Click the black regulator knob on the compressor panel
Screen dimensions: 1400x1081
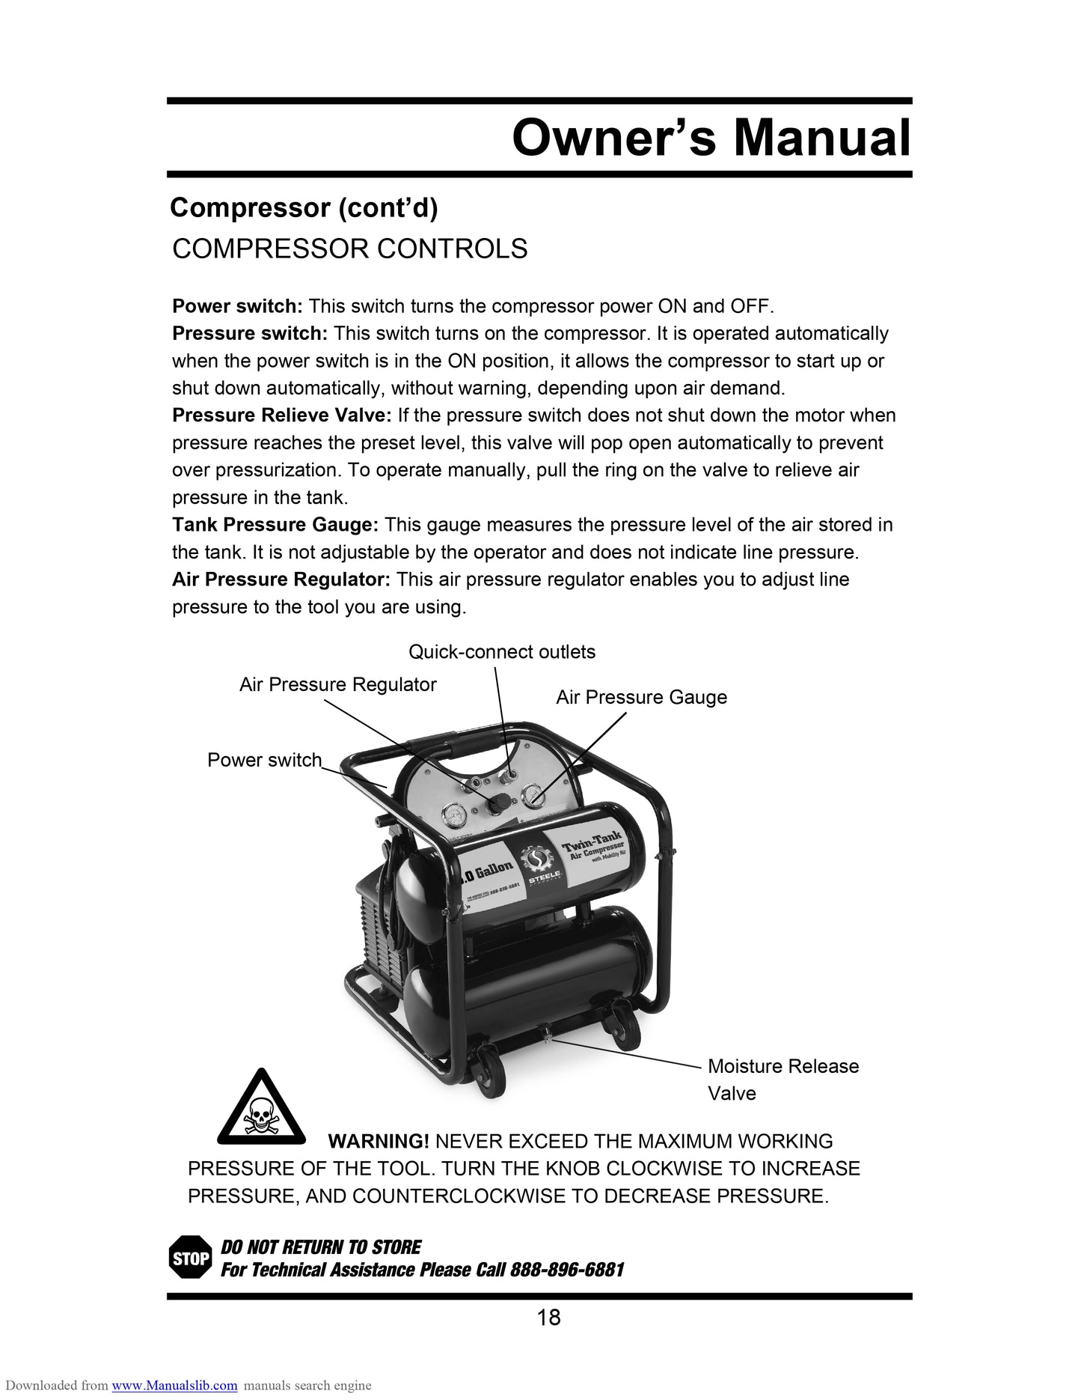(496, 803)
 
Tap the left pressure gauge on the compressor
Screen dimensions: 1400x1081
(454, 815)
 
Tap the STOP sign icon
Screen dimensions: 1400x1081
(190, 1259)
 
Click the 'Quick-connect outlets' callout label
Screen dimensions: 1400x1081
(502, 652)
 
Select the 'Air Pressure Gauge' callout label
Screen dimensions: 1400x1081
(641, 698)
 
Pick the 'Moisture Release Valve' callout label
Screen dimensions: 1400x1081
(783, 1079)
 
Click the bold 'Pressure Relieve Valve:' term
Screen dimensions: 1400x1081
(282, 416)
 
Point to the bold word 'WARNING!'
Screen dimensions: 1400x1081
(379, 1142)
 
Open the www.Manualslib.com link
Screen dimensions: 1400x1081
(174, 1386)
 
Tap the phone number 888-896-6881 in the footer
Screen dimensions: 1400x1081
(567, 1270)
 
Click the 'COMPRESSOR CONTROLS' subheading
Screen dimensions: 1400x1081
(349, 249)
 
